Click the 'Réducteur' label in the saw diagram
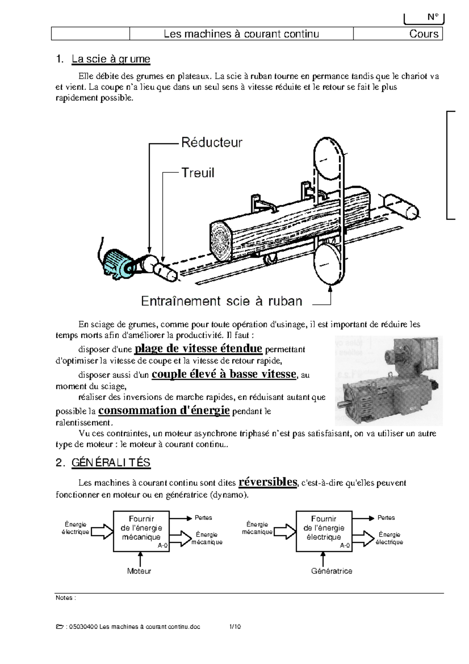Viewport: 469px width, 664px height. tap(211, 143)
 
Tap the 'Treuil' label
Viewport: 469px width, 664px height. tap(198, 173)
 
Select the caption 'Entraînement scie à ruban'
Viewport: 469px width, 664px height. tap(222, 301)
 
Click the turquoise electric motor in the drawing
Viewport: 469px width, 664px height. tap(119, 264)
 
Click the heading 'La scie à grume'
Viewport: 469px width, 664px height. tap(111, 59)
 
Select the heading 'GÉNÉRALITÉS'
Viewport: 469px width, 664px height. tap(111, 463)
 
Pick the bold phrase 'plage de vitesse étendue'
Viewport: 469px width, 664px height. tap(198, 348)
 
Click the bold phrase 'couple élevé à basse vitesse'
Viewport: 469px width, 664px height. tap(224, 374)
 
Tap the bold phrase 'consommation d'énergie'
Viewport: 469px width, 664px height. tap(164, 410)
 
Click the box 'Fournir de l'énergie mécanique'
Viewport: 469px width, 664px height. tap(141, 531)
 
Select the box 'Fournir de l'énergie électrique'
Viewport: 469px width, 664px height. tap(324, 531)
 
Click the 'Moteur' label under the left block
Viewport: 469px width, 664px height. tap(139, 571)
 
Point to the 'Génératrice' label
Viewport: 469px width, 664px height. tap(331, 571)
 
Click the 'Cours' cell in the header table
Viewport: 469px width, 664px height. tap(424, 34)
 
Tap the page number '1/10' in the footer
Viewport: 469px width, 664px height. tap(235, 627)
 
